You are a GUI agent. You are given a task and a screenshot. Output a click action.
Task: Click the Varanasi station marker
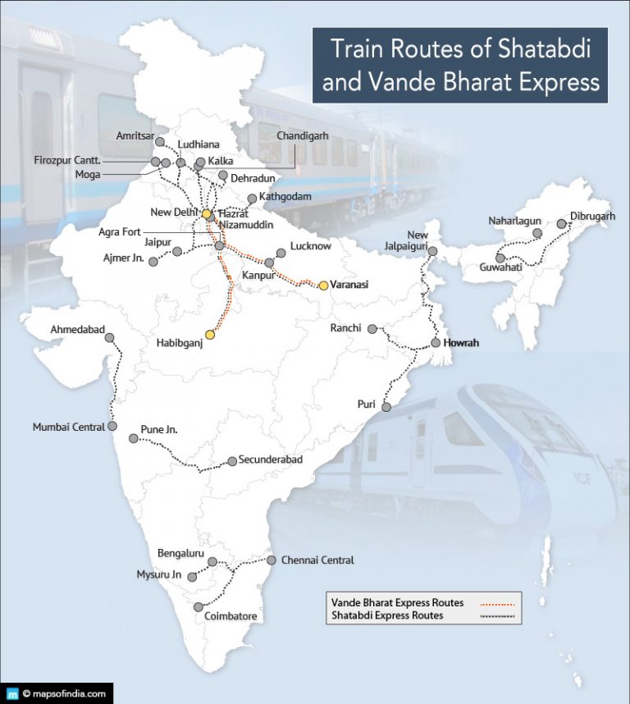click(x=323, y=286)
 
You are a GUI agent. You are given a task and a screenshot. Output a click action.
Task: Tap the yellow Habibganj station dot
click(x=210, y=334)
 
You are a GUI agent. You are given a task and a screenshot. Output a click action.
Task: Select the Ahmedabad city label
click(x=78, y=329)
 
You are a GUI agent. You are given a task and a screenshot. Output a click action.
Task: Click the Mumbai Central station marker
click(x=112, y=427)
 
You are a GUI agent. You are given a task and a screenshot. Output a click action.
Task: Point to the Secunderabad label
click(x=271, y=459)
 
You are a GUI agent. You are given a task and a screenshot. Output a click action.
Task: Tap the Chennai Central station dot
click(x=272, y=560)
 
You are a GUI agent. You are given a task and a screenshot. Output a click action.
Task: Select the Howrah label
click(x=460, y=343)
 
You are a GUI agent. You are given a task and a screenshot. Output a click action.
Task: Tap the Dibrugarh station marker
click(x=562, y=223)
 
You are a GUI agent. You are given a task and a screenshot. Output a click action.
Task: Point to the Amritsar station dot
click(x=160, y=142)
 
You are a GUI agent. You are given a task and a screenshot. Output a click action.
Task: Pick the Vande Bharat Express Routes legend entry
click(x=397, y=603)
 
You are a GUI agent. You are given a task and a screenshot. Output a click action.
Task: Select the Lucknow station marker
click(x=281, y=253)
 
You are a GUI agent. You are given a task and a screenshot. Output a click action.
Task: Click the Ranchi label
click(x=345, y=328)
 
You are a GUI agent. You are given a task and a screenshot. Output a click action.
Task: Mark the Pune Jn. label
click(x=159, y=429)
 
